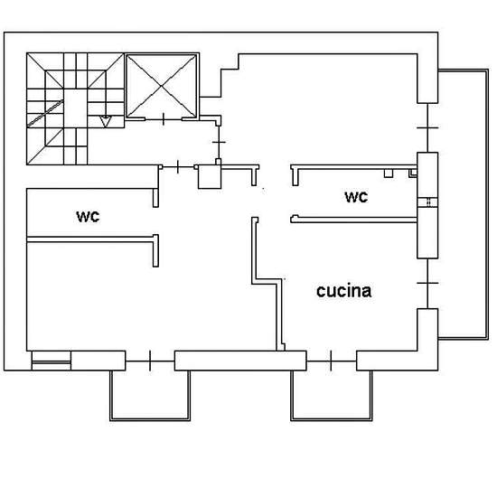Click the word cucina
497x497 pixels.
[344, 291]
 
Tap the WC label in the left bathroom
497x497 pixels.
[88, 217]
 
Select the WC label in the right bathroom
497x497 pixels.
[356, 197]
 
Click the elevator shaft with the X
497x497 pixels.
[162, 86]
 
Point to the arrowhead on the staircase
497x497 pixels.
[105, 121]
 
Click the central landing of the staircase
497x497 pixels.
[75, 108]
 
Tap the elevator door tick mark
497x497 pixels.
[164, 119]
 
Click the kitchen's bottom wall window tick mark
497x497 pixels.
[331, 361]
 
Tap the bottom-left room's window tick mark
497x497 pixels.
[150, 361]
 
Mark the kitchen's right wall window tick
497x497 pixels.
[427, 283]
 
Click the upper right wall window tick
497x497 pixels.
[427, 127]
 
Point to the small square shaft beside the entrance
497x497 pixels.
[210, 177]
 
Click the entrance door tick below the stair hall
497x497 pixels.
[177, 167]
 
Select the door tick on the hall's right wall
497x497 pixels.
[219, 142]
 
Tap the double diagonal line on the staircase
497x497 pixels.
[45, 114]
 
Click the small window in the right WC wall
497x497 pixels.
[427, 202]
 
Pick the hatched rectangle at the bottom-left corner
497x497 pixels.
[51, 361]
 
